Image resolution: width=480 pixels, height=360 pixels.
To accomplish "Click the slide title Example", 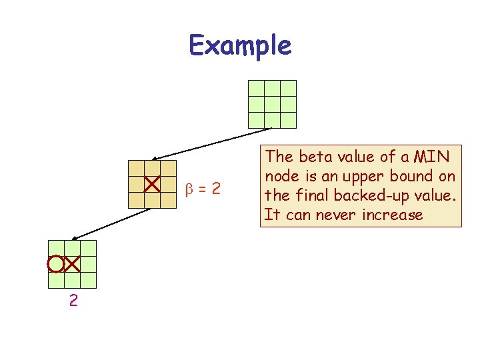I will click(x=240, y=46).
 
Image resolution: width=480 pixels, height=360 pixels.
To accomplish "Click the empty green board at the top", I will click(x=272, y=104).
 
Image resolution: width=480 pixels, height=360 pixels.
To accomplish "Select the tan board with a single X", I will click(x=152, y=184).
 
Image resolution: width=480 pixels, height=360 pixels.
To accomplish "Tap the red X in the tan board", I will click(x=152, y=183).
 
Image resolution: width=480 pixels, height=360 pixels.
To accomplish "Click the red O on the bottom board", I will click(x=55, y=264).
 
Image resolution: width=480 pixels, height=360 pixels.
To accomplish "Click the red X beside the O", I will click(x=72, y=264).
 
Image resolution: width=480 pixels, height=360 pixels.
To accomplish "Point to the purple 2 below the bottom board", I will click(x=73, y=301).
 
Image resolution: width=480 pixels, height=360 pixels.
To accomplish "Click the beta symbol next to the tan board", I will click(x=189, y=189).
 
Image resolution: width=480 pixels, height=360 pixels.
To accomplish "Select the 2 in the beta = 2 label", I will click(x=215, y=189).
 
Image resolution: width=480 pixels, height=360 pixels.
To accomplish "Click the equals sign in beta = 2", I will click(x=201, y=189).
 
